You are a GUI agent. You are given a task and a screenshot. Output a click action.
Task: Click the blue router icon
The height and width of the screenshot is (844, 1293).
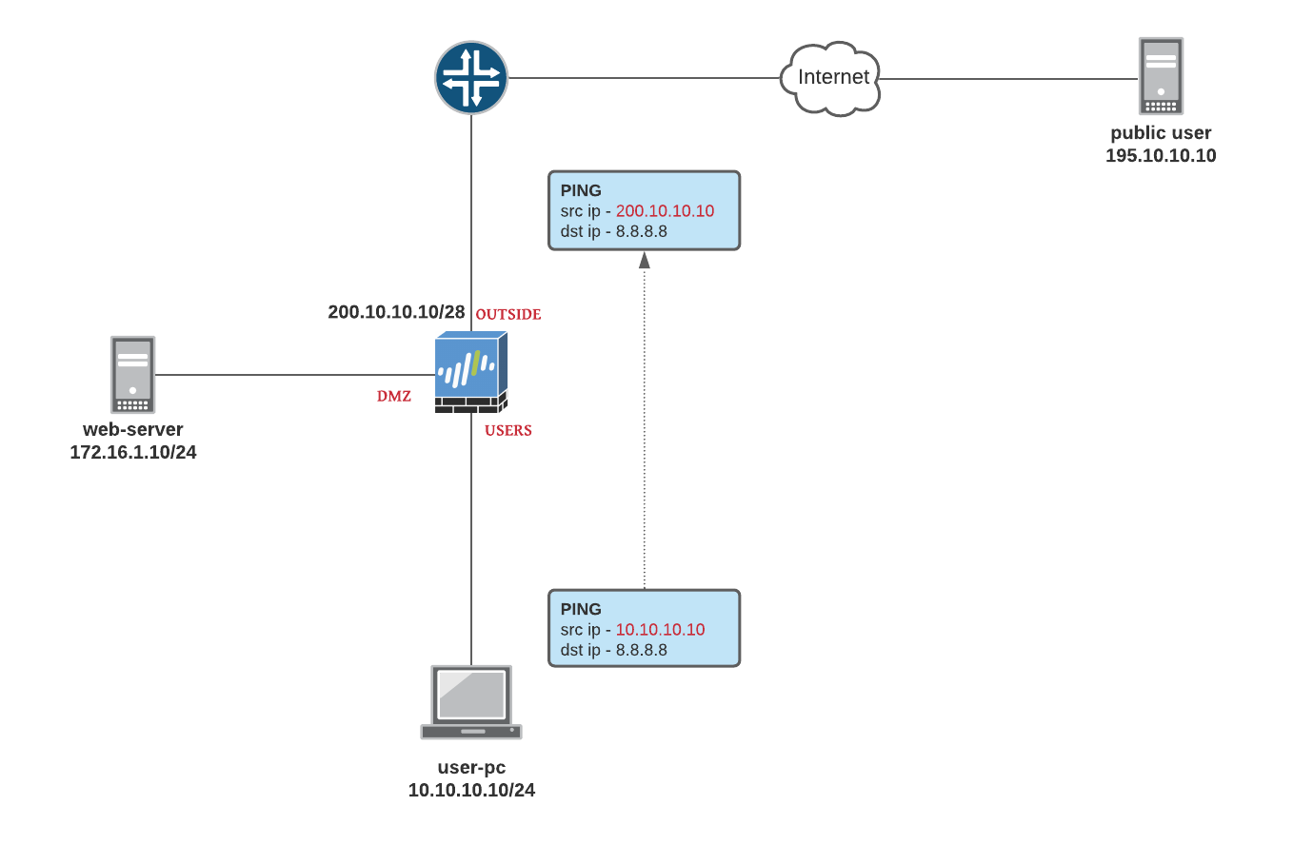pyautogui.click(x=471, y=77)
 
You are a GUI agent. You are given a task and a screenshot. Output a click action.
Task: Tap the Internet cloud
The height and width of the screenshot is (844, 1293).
pyautogui.click(x=832, y=78)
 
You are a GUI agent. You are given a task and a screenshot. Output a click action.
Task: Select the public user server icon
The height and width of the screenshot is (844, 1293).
pyautogui.click(x=1161, y=76)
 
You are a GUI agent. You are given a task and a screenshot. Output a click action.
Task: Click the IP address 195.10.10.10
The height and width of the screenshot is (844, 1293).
pyautogui.click(x=1161, y=156)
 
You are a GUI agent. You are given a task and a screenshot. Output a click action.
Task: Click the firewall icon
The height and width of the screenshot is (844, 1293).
pyautogui.click(x=471, y=373)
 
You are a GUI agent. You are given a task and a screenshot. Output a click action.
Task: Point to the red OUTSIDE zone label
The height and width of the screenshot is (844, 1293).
pyautogui.click(x=508, y=314)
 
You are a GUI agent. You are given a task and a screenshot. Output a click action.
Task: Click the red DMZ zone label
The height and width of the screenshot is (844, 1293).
pyautogui.click(x=394, y=397)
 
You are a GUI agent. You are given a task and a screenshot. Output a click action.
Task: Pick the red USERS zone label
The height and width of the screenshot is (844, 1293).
pyautogui.click(x=508, y=431)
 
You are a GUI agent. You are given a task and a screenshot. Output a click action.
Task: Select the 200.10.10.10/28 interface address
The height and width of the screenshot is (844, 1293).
pyautogui.click(x=396, y=312)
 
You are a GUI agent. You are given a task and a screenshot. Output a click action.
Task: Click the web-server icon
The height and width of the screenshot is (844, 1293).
pyautogui.click(x=132, y=373)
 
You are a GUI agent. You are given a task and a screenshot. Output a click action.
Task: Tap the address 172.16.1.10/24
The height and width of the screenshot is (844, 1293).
pyautogui.click(x=133, y=452)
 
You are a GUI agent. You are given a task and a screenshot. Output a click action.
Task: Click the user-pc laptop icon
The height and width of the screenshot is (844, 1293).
pyautogui.click(x=471, y=702)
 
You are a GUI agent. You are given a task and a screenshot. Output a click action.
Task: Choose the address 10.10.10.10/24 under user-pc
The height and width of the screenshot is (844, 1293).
pyautogui.click(x=471, y=790)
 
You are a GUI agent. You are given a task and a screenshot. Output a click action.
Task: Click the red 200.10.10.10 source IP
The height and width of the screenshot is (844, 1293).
pyautogui.click(x=665, y=211)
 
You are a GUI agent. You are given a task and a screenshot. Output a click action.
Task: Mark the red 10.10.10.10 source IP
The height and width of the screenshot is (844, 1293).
pyautogui.click(x=660, y=630)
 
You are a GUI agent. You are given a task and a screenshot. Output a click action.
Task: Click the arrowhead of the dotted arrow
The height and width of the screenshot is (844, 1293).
pyautogui.click(x=645, y=260)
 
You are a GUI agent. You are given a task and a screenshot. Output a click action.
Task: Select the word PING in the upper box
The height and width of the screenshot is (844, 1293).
pyautogui.click(x=581, y=190)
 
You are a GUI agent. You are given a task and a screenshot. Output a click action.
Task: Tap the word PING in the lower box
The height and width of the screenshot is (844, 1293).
pyautogui.click(x=581, y=609)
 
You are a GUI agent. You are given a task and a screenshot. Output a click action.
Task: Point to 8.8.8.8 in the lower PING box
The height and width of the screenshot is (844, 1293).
pyautogui.click(x=642, y=651)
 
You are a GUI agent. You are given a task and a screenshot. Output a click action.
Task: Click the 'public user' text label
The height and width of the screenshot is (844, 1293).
pyautogui.click(x=1161, y=133)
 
